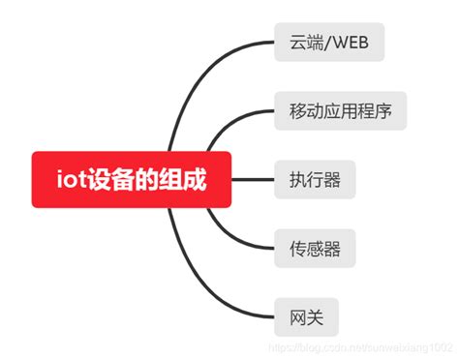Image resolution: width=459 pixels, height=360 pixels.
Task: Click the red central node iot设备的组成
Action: pyautogui.click(x=131, y=179)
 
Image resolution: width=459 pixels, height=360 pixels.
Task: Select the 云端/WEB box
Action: pyautogui.click(x=329, y=43)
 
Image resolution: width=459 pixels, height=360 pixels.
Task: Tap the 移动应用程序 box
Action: pyautogui.click(x=340, y=111)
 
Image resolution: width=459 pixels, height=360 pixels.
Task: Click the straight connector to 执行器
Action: pyautogui.click(x=254, y=180)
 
